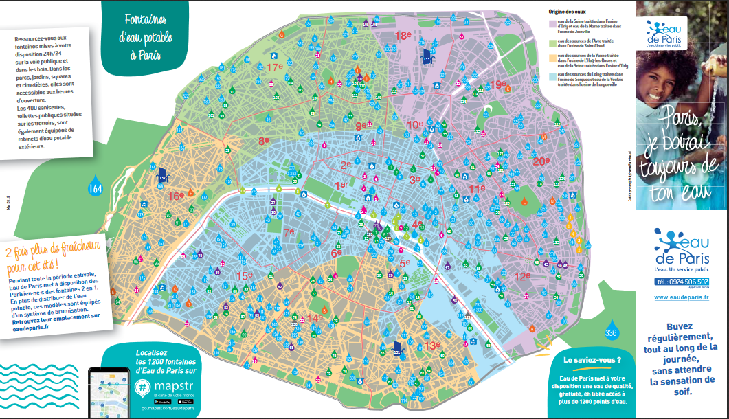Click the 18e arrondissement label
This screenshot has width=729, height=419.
[x=403, y=35]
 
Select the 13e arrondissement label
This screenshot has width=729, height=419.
[x=432, y=346]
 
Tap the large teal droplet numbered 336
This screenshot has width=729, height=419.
[x=611, y=332]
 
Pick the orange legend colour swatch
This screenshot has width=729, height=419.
[x=551, y=58]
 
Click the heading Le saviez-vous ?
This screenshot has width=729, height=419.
[x=592, y=359]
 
